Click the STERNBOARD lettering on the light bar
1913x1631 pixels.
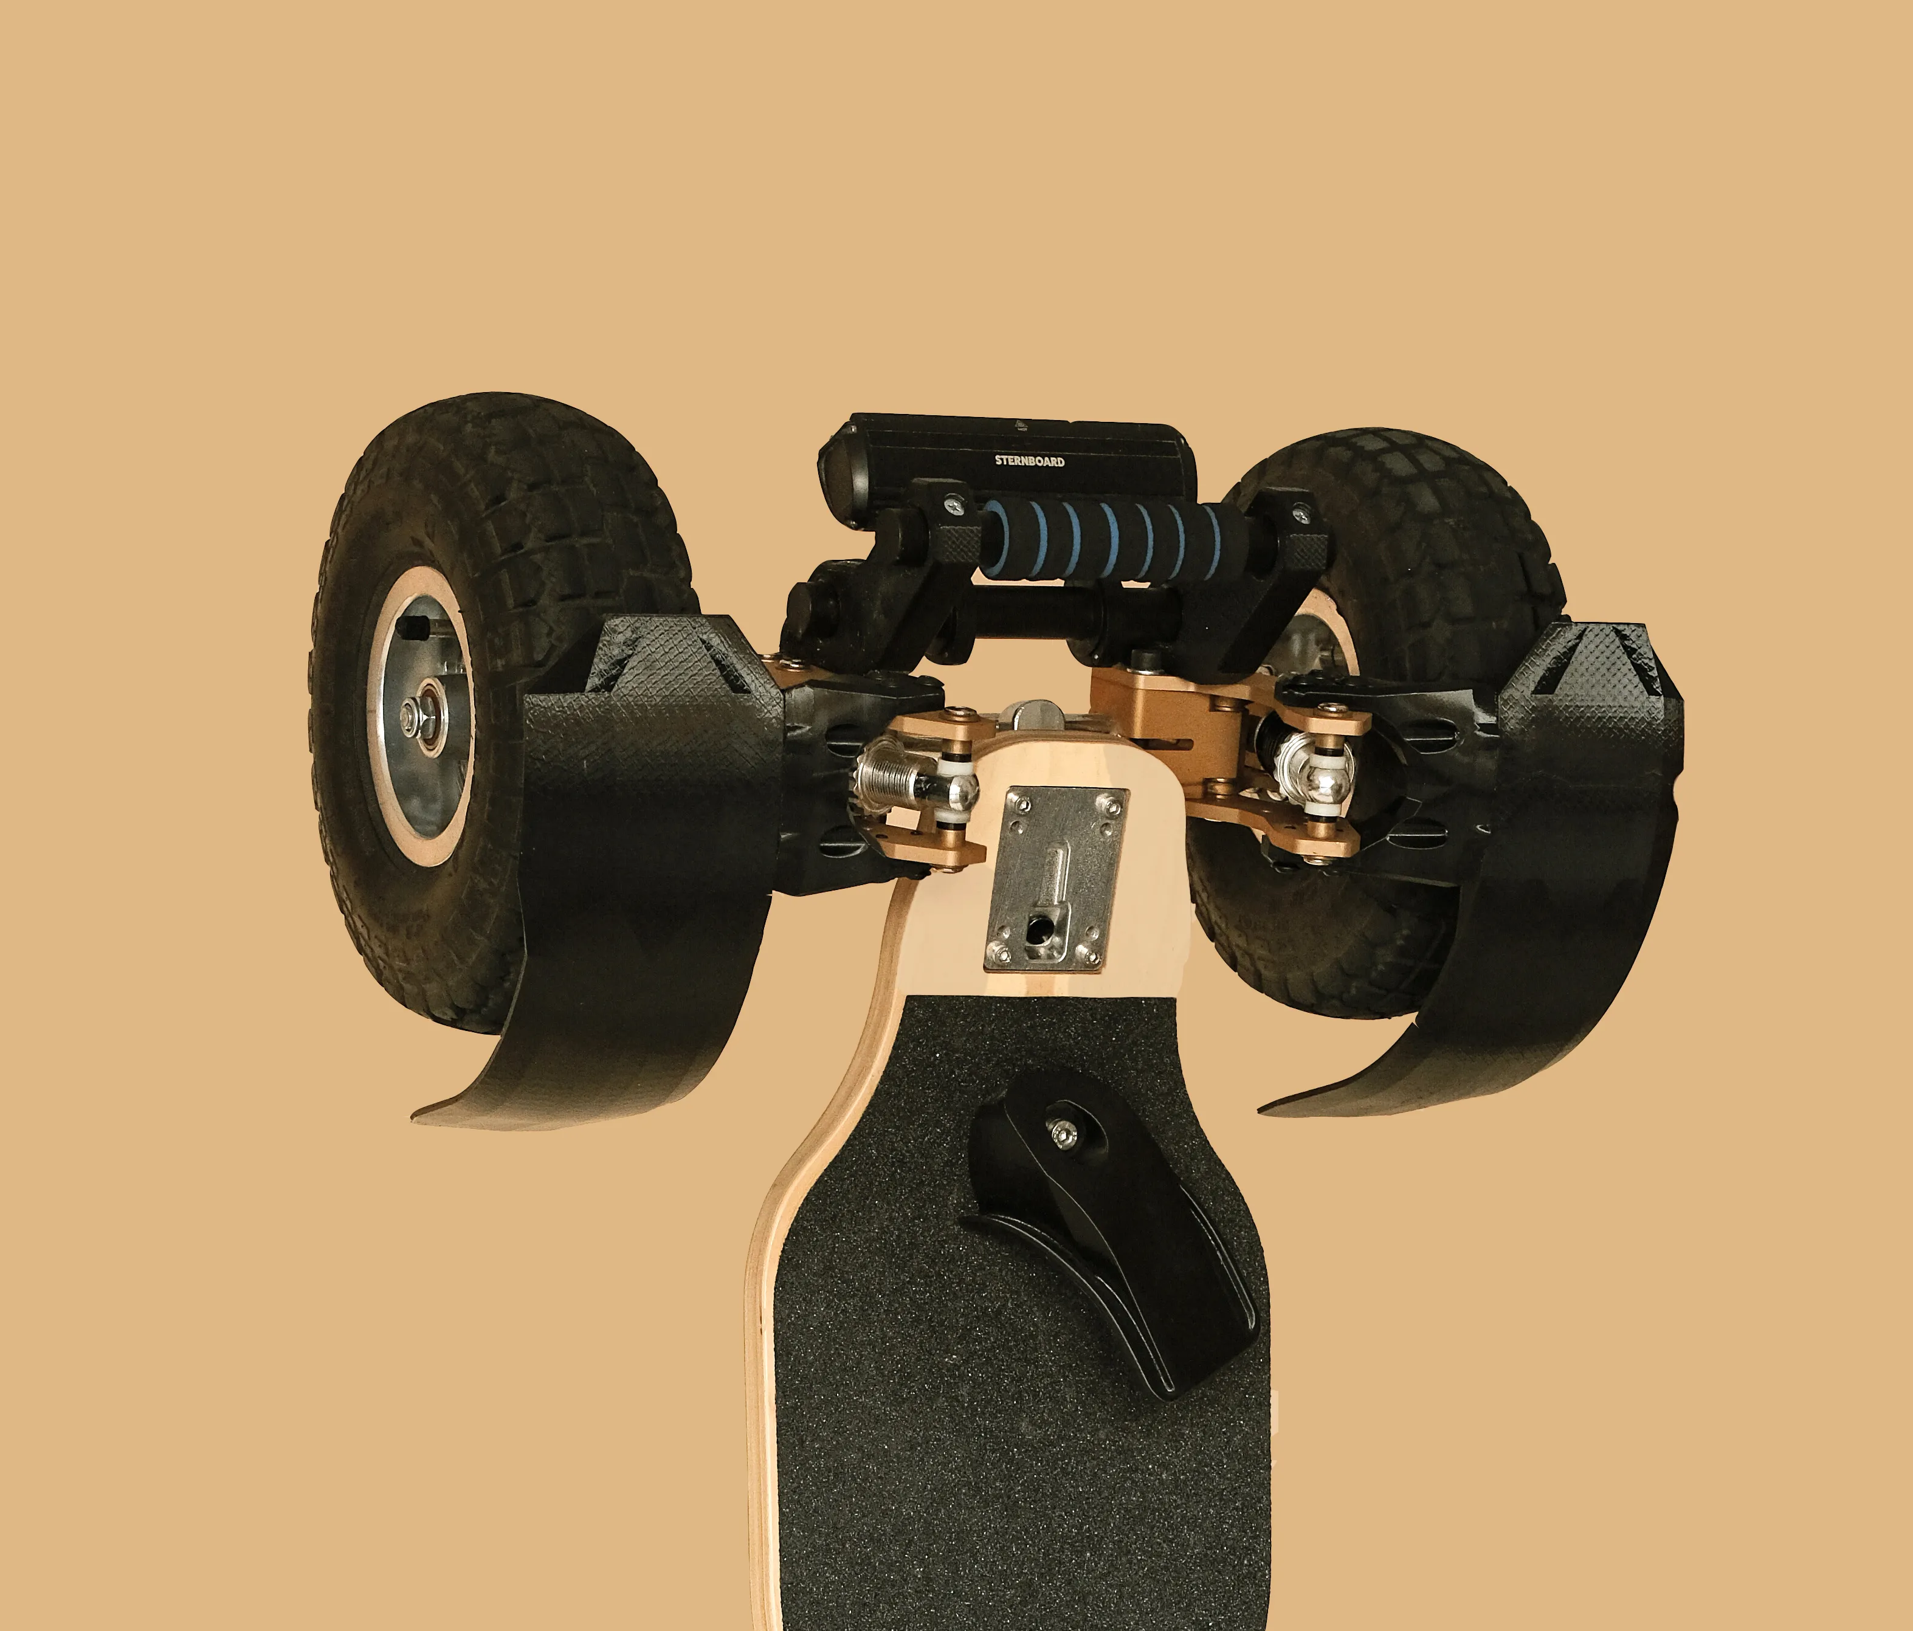click(x=1029, y=461)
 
